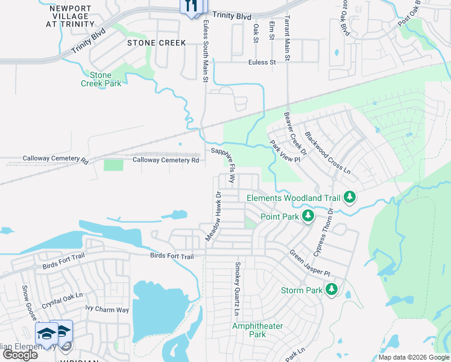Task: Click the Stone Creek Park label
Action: (x=101, y=79)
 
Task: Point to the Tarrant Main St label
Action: (x=288, y=38)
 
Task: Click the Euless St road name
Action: (x=262, y=62)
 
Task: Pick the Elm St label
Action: (x=271, y=30)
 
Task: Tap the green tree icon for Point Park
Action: (x=308, y=216)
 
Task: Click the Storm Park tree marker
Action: (x=331, y=290)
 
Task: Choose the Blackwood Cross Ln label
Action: (x=327, y=153)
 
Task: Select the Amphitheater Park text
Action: (x=257, y=330)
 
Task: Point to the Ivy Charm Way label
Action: (x=107, y=310)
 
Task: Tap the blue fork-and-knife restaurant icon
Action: (x=191, y=6)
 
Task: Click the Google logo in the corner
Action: (x=20, y=355)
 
